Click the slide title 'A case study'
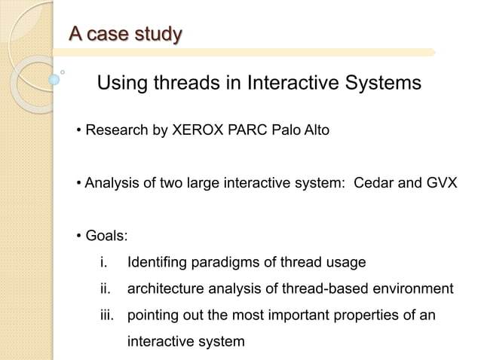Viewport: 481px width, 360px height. (124, 34)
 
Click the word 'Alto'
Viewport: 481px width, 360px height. (315, 131)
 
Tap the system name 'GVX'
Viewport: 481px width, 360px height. (439, 183)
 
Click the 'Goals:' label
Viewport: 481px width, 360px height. (106, 236)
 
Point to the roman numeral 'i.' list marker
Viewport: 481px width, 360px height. (103, 263)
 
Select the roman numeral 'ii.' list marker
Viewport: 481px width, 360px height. (104, 289)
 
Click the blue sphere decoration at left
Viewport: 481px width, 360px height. (54, 78)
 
